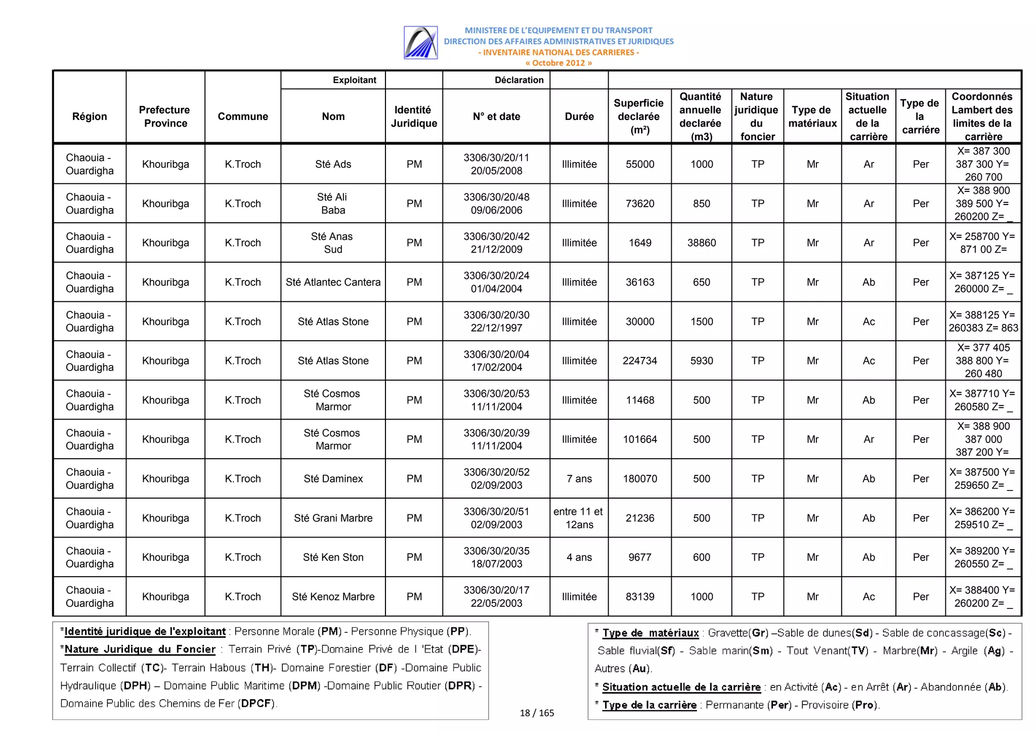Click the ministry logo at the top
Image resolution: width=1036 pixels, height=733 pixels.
tap(420, 43)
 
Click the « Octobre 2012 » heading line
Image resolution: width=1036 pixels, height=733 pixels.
tap(558, 63)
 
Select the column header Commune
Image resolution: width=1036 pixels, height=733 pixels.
tap(243, 116)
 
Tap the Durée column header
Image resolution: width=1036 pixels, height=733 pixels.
tap(579, 116)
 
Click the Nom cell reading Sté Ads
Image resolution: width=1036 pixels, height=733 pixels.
tap(333, 164)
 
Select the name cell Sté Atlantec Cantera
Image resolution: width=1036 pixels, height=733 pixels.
tap(333, 282)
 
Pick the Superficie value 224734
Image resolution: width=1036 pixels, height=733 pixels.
tap(639, 360)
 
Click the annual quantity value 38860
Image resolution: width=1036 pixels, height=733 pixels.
tap(701, 242)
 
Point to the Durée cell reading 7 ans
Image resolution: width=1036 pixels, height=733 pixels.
tap(579, 478)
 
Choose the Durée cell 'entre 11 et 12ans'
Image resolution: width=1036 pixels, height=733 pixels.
tap(579, 518)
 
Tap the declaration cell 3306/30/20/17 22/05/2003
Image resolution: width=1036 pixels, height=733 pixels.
tap(496, 596)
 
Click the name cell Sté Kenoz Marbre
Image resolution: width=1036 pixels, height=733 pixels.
tap(333, 596)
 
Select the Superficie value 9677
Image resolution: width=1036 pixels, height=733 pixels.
tap(639, 557)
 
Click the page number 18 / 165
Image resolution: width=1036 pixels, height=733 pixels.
tap(537, 713)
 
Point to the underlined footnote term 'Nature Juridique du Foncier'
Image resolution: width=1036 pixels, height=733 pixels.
tap(140, 649)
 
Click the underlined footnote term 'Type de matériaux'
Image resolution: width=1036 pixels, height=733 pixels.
tap(650, 633)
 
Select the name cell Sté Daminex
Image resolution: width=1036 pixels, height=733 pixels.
tap(333, 478)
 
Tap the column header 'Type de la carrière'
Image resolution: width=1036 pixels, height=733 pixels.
tap(920, 116)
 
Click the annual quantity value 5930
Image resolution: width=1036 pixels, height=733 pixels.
tap(701, 360)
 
